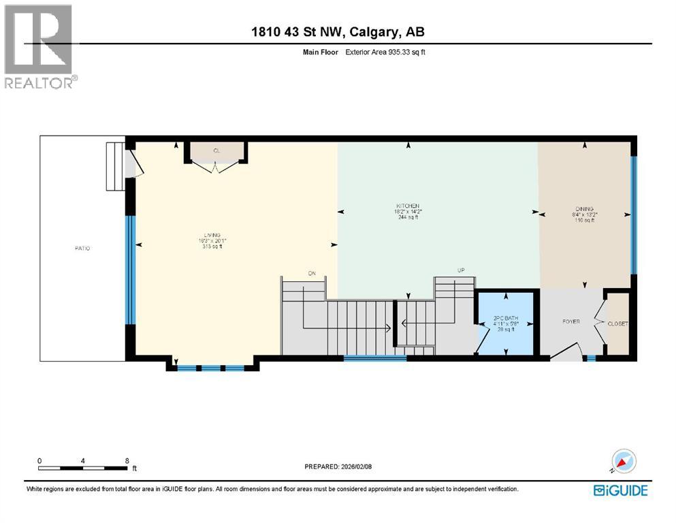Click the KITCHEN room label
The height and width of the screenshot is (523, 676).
[408, 206]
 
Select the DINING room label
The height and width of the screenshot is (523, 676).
[584, 209]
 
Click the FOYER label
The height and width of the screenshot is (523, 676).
[570, 321]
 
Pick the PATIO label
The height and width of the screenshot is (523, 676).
[82, 249]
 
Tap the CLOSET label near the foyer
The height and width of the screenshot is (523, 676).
[618, 324]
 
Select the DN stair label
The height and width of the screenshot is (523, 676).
[312, 274]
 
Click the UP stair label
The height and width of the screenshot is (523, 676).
[460, 271]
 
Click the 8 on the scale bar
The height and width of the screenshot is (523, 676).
[127, 461]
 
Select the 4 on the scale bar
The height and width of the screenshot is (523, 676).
[83, 461]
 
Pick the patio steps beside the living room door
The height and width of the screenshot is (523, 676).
[114, 167]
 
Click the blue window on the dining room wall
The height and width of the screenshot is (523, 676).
[634, 215]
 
